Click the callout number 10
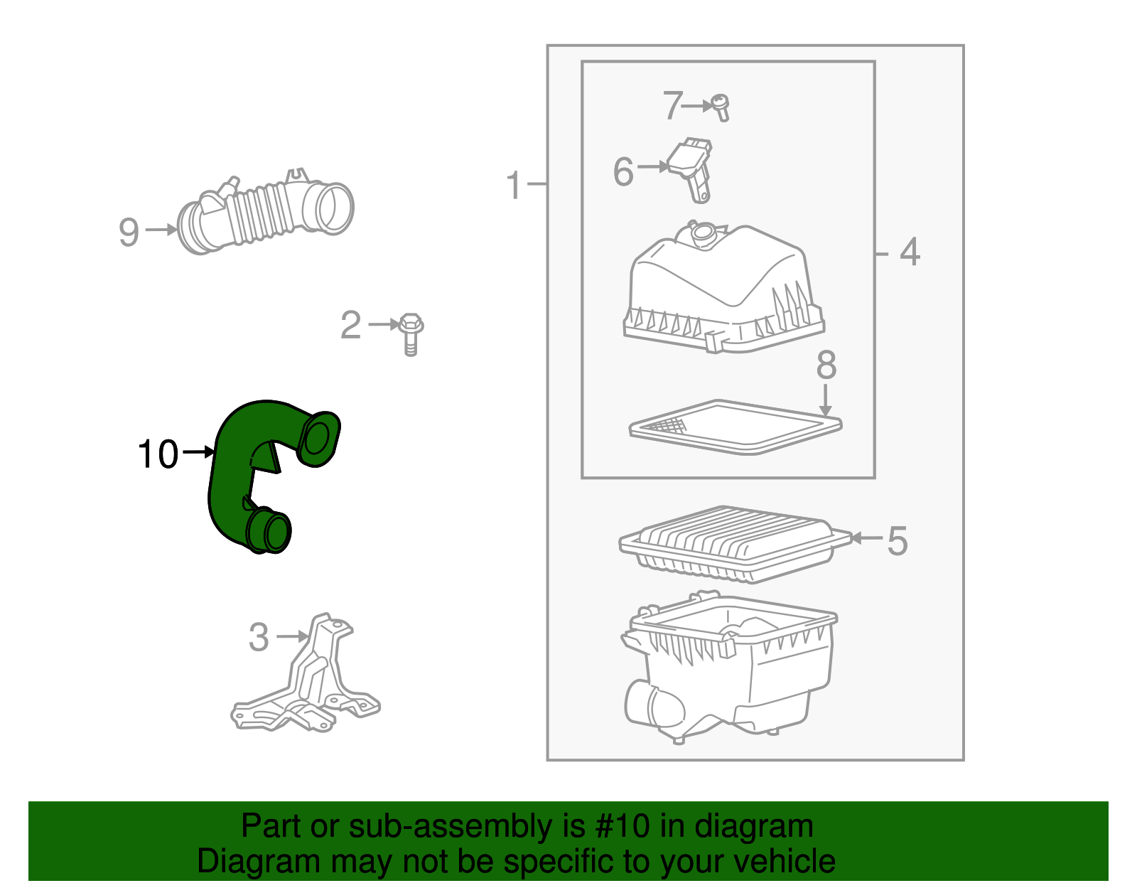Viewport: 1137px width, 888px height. [x=158, y=454]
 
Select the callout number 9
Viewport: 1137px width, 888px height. [x=129, y=232]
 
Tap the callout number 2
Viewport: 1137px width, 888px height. [x=350, y=324]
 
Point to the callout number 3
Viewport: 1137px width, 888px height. [x=259, y=637]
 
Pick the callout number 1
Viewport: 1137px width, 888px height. [x=513, y=185]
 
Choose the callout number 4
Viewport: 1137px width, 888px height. [x=910, y=252]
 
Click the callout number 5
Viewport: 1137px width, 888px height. [x=898, y=541]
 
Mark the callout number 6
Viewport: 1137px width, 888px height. [x=623, y=171]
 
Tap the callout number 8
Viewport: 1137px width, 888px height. [x=826, y=365]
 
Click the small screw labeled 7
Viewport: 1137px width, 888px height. [x=721, y=107]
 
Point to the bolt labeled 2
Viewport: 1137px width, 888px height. [x=411, y=334]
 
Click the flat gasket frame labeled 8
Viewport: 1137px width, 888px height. [x=735, y=427]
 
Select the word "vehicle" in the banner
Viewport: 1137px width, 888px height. [x=785, y=862]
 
